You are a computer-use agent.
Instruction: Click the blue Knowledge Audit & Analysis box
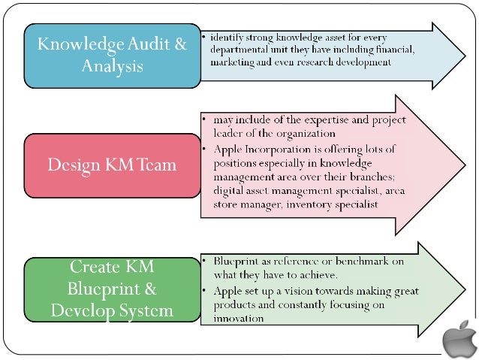pos(112,55)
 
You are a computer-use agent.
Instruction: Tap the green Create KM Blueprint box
pos(112,288)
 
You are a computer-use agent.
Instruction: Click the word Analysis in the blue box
pos(112,66)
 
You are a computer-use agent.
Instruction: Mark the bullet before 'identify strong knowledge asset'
pos(203,36)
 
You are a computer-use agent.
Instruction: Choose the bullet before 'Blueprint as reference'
pos(203,262)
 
